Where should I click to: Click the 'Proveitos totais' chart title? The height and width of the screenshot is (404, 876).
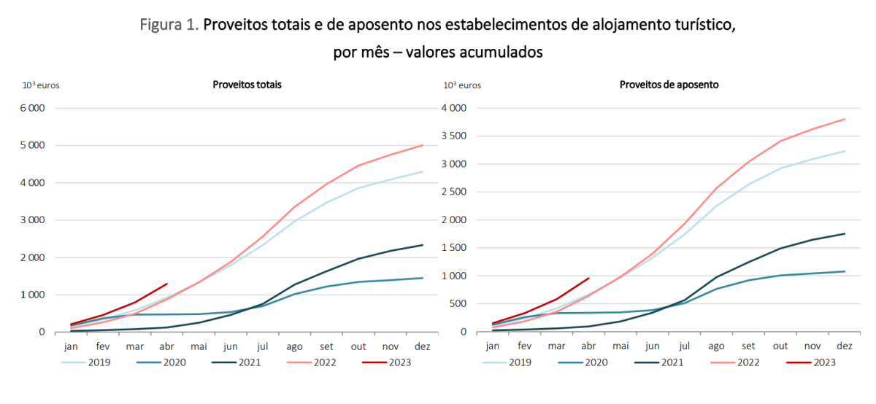coord(247,85)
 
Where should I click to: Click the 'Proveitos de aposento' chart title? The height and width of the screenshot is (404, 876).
coord(669,85)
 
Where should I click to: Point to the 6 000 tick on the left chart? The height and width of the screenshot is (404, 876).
coord(31,108)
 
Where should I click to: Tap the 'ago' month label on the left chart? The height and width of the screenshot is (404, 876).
coord(294,347)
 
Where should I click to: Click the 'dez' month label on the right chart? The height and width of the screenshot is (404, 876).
coord(844,347)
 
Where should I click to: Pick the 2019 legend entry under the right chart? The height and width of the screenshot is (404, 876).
coord(510,362)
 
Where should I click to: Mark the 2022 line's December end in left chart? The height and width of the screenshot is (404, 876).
coord(422,145)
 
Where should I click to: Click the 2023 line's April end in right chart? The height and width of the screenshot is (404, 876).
coord(588,278)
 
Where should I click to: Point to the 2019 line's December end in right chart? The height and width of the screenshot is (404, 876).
coord(844,151)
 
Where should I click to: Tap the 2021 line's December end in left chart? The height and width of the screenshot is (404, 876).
coord(422,245)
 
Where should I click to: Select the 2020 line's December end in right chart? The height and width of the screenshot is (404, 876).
coord(844,271)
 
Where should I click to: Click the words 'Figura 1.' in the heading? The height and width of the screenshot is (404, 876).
coord(169,26)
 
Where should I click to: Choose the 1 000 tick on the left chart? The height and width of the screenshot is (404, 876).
coord(31,295)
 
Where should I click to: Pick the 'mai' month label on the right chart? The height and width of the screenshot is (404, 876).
coord(620,347)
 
